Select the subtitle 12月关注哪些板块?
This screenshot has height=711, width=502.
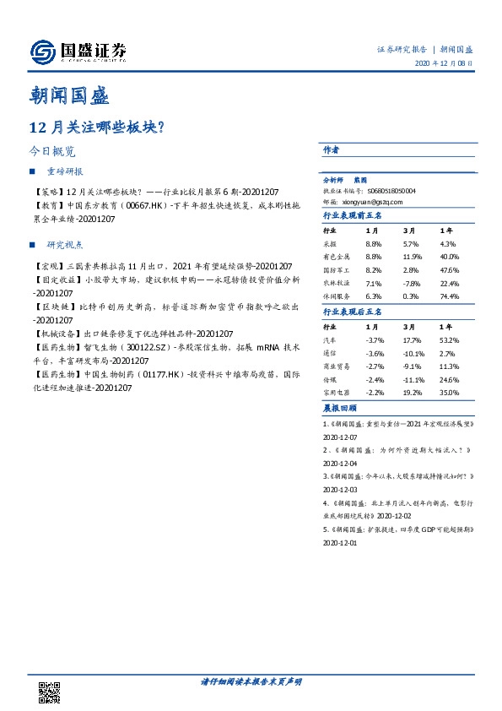click(95, 127)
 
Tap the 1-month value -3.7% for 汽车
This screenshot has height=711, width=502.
click(375, 339)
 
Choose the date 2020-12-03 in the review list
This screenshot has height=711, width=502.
click(341, 489)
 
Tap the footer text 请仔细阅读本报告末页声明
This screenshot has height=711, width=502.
click(251, 681)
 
